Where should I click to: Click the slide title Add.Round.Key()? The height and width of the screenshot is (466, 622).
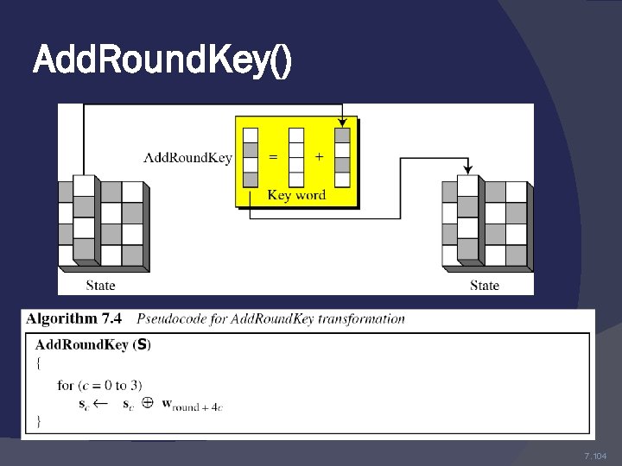coord(162,60)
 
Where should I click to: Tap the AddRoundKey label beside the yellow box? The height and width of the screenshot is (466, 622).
coord(187,157)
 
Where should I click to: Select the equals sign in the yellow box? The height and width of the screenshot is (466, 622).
coord(273,156)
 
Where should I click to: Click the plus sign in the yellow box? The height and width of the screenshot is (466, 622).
coord(320,156)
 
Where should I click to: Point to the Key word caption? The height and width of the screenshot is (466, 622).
coord(296,194)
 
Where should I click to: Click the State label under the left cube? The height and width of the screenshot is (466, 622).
coord(100,285)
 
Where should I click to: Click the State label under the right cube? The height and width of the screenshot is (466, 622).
coord(484,285)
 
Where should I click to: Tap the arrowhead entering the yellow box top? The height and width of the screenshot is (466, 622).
coord(342,122)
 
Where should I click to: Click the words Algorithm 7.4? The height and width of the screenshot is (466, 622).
coord(75,318)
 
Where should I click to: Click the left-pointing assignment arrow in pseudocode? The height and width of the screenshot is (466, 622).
coord(102,403)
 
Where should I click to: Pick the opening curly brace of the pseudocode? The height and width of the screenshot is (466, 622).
coord(38,364)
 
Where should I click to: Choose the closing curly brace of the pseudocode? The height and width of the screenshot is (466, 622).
coord(38,421)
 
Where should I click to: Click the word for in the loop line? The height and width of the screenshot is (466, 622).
coord(66,385)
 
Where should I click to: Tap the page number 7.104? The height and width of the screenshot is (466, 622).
coord(595,456)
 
